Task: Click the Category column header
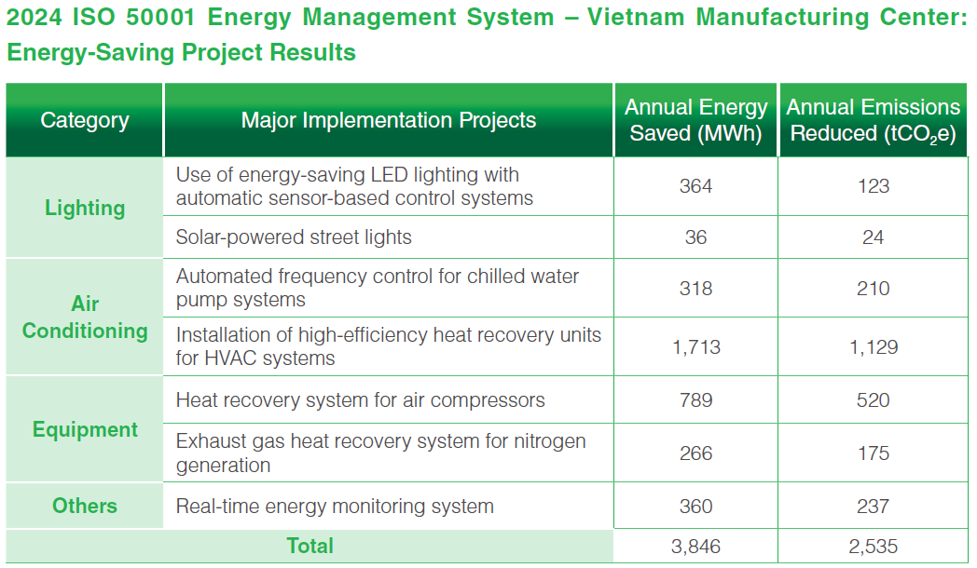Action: pyautogui.click(x=85, y=120)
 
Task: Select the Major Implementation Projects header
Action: pyautogui.click(x=389, y=120)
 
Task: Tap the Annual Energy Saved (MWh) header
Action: pyautogui.click(x=695, y=120)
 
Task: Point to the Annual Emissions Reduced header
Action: pyautogui.click(x=874, y=120)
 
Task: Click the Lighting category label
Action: pyautogui.click(x=85, y=208)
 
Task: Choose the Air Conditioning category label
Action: pyautogui.click(x=85, y=318)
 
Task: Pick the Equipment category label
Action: pyautogui.click(x=85, y=429)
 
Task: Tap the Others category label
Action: pyautogui.click(x=85, y=506)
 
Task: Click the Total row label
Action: pyautogui.click(x=310, y=546)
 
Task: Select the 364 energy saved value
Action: pyautogui.click(x=695, y=186)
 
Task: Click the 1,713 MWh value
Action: pyautogui.click(x=695, y=347)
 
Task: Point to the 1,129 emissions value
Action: pyautogui.click(x=874, y=347)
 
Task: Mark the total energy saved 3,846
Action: pyautogui.click(x=695, y=547)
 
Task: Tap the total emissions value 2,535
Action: pyautogui.click(x=874, y=547)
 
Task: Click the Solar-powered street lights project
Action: pyautogui.click(x=294, y=237)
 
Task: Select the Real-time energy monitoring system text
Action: pyautogui.click(x=335, y=507)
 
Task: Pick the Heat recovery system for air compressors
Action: pyautogui.click(x=361, y=400)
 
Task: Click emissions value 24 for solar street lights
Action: pyautogui.click(x=874, y=237)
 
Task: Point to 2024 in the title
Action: pyautogui.click(x=34, y=18)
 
